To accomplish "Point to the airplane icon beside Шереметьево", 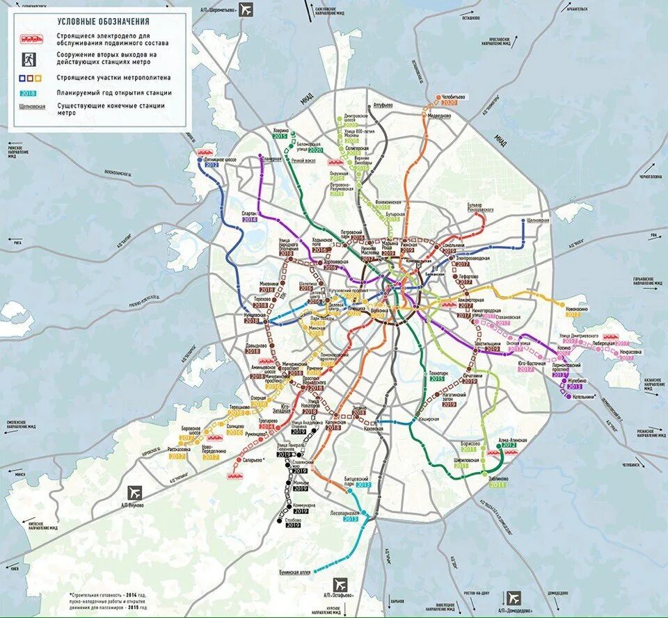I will tap(248, 10).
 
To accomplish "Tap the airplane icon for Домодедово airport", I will tap(514, 597).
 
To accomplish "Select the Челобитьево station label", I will tap(452, 97).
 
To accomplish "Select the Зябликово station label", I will tap(498, 479).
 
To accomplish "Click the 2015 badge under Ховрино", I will tap(280, 136).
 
